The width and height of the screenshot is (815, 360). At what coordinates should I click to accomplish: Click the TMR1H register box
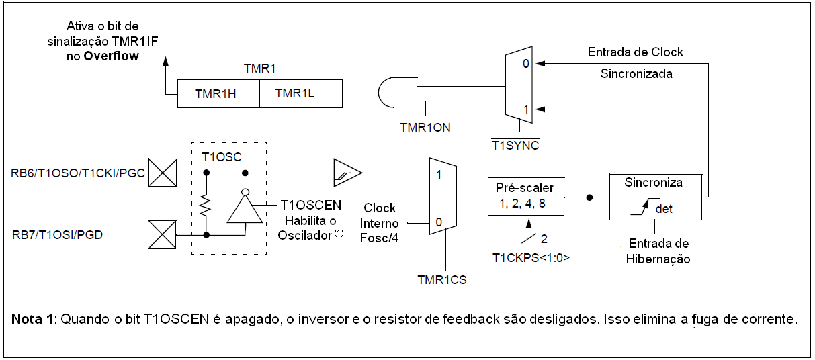[x=218, y=94]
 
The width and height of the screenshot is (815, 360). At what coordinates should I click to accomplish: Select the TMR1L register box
[x=300, y=94]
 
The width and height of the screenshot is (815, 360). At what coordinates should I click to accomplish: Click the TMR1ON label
[x=425, y=126]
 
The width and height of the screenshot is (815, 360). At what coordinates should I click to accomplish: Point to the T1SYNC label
[x=515, y=144]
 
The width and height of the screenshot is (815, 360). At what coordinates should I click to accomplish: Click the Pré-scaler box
[x=525, y=195]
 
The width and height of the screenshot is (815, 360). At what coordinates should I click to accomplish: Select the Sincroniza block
[x=655, y=196]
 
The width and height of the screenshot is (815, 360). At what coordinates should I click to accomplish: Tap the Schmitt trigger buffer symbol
[x=347, y=173]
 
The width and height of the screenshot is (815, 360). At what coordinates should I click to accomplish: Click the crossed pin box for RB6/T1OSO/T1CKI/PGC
[x=162, y=173]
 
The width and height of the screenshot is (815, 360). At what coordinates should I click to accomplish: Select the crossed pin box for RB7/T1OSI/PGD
[x=162, y=236]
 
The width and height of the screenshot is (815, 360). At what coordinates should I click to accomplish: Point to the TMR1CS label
[x=441, y=280]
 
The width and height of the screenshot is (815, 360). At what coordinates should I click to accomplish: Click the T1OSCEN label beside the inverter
[x=310, y=205]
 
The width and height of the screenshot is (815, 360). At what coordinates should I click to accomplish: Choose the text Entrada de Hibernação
[x=658, y=251]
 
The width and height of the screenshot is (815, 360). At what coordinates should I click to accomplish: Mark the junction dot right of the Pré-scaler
[x=589, y=197]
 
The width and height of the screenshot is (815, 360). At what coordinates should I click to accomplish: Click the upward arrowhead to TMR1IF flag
[x=165, y=61]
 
